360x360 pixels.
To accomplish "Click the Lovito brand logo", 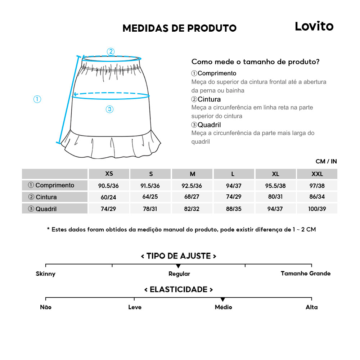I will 314,26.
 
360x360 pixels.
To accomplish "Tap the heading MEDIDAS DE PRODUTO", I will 179,28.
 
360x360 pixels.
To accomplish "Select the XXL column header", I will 317,174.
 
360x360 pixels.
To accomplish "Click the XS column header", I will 109,174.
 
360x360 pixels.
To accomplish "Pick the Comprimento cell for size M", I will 193,186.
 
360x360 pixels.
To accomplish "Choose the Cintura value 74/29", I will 234,197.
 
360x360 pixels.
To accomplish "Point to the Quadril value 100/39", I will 317,209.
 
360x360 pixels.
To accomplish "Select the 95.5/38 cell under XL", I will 275,186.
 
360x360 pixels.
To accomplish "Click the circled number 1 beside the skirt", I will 37,99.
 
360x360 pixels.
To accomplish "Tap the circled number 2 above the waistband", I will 111,51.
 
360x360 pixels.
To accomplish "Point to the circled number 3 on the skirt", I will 110,109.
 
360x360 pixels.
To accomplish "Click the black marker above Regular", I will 178,266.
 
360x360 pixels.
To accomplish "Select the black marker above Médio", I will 223,300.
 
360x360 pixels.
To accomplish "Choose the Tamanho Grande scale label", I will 305,274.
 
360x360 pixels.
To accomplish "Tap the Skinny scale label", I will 46,274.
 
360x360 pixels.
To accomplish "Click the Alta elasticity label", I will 311,307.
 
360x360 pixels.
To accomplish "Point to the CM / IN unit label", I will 326,161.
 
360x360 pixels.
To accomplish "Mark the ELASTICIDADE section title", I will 179,290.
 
